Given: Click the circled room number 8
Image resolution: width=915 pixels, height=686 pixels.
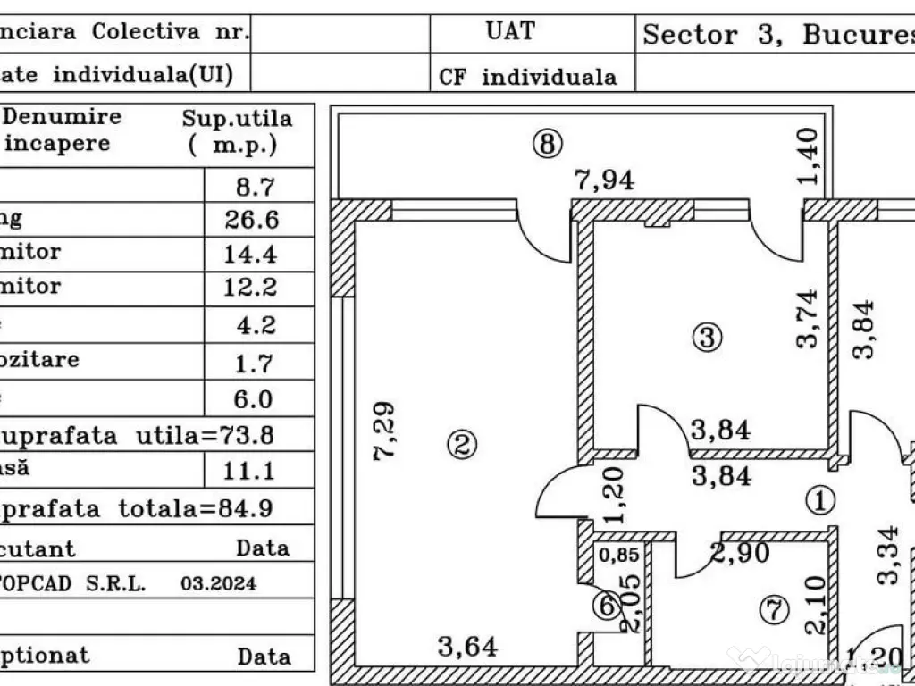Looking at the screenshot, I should [x=547, y=143].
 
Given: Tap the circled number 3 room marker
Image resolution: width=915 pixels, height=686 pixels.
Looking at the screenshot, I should [x=707, y=338].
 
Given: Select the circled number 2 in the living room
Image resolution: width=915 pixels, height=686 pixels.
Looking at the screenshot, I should [x=462, y=444].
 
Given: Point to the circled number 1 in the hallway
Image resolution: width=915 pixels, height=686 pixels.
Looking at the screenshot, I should [x=819, y=500].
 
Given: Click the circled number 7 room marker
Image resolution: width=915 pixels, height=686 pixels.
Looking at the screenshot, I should [x=774, y=611].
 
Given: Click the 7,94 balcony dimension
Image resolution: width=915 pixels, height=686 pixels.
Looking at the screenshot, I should [x=604, y=180].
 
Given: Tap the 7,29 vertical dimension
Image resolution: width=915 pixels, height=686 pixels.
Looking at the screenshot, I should [x=385, y=431].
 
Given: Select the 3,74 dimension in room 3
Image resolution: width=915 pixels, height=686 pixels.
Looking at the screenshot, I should [x=808, y=318].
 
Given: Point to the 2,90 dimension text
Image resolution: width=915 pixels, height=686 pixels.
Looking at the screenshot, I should [x=740, y=554].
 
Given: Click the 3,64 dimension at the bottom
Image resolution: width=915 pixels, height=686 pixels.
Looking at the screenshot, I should [x=467, y=646].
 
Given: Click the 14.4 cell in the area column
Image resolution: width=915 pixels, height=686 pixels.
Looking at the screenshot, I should [x=250, y=255].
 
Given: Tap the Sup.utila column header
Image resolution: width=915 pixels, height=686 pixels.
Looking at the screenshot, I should [x=237, y=131].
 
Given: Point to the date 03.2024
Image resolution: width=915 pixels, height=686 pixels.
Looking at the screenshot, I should [x=218, y=584].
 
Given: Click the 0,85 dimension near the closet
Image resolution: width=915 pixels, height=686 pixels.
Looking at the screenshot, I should [x=618, y=555].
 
